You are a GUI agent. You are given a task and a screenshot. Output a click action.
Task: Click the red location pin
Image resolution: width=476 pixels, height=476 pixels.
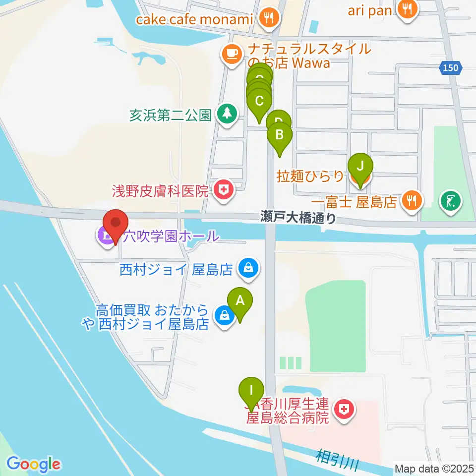pos(116,224)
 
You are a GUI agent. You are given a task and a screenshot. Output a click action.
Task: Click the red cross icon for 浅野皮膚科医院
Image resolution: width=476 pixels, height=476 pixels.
pos(224,189)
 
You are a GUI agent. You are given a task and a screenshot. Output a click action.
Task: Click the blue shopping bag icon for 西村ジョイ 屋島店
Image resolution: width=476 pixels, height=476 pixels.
pos(247,268)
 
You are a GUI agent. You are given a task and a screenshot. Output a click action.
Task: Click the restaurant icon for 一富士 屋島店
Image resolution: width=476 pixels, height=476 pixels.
pos(412,201)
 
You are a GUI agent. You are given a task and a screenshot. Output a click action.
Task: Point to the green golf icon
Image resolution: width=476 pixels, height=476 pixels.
pos(451,201)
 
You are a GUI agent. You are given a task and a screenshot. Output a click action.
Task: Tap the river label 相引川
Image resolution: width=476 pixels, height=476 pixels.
pos(337,460)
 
